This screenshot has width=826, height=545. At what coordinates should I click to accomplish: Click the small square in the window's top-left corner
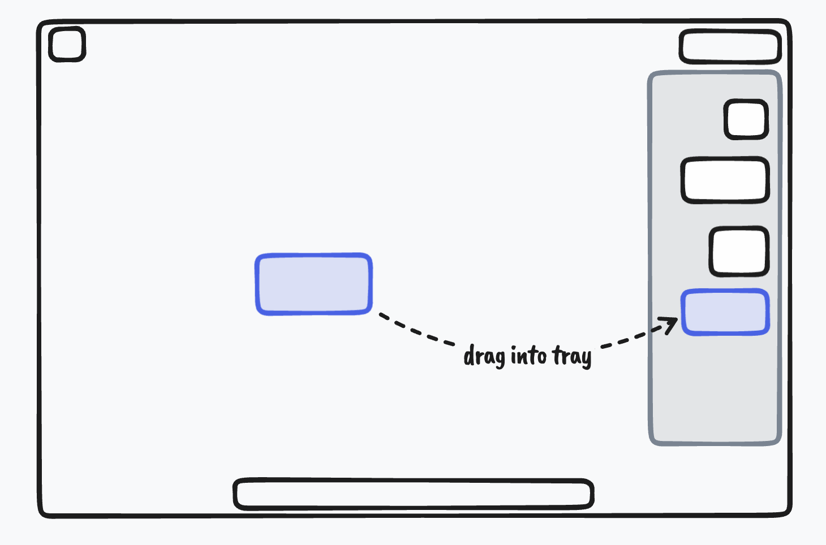pos(67,44)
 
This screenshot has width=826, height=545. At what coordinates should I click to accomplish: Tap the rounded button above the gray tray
pos(730,47)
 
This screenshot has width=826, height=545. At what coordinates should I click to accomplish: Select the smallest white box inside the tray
pos(746,119)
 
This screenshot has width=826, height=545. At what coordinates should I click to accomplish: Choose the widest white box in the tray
pos(725,180)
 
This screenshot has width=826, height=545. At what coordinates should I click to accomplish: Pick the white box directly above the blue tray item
pos(739,252)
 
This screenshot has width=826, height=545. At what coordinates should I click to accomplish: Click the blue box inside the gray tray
pos(725,312)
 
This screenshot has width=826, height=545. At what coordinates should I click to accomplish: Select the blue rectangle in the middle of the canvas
pos(313,284)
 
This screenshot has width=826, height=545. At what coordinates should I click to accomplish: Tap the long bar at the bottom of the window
pos(413,494)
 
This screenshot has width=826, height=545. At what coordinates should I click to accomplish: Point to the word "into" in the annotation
pos(528,356)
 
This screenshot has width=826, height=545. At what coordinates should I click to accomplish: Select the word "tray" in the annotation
pos(571,357)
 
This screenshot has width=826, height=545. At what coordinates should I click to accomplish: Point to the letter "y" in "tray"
pos(586,359)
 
